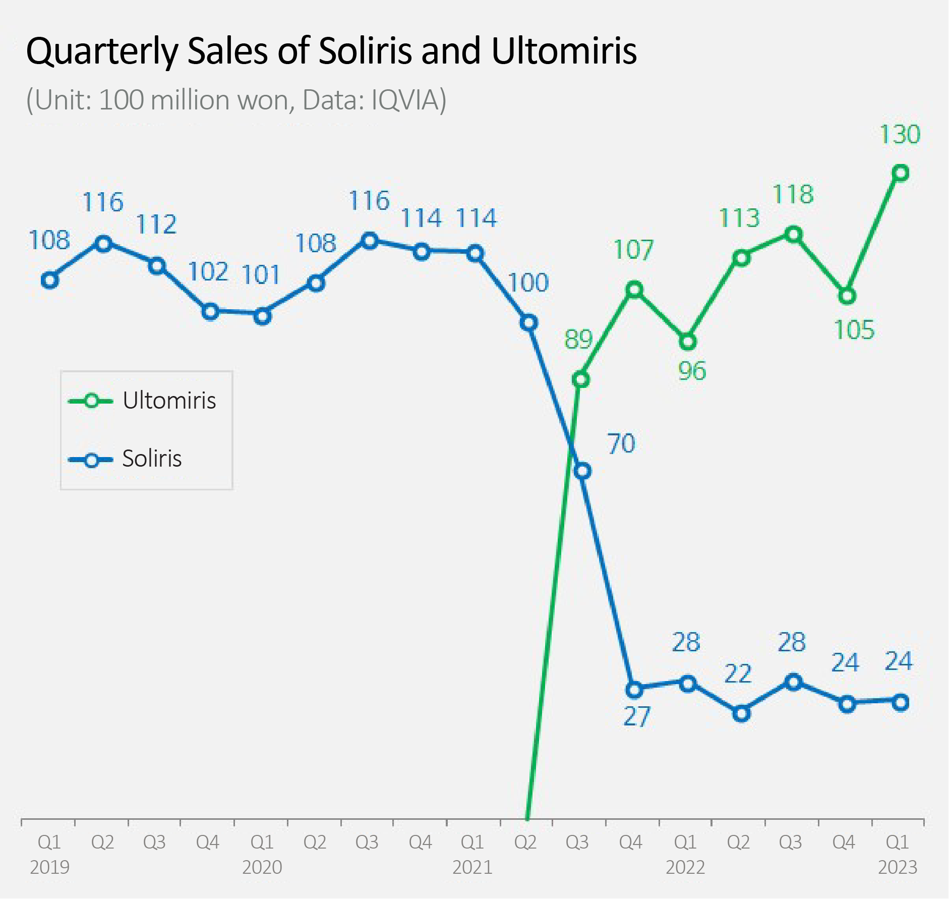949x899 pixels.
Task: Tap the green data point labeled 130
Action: pos(901,173)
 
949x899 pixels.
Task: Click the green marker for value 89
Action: pos(581,379)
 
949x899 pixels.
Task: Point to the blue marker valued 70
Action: pos(582,471)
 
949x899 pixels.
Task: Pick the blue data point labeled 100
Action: pos(528,323)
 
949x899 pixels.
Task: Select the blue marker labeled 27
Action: pos(634,689)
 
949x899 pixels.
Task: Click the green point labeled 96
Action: pos(688,342)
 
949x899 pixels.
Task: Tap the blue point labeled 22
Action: pos(741,714)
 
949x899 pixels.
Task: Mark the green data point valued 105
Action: pos(847,296)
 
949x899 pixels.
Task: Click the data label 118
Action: pos(793,195)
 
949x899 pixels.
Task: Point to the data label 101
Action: pos(261,275)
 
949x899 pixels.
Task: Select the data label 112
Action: pos(156,225)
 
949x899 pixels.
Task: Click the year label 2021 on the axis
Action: pos(472,867)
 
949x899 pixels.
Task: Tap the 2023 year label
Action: pos(898,867)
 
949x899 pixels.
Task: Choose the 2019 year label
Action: pos(49,867)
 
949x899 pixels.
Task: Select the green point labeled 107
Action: pos(634,290)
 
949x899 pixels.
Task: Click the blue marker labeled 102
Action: pos(210,312)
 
